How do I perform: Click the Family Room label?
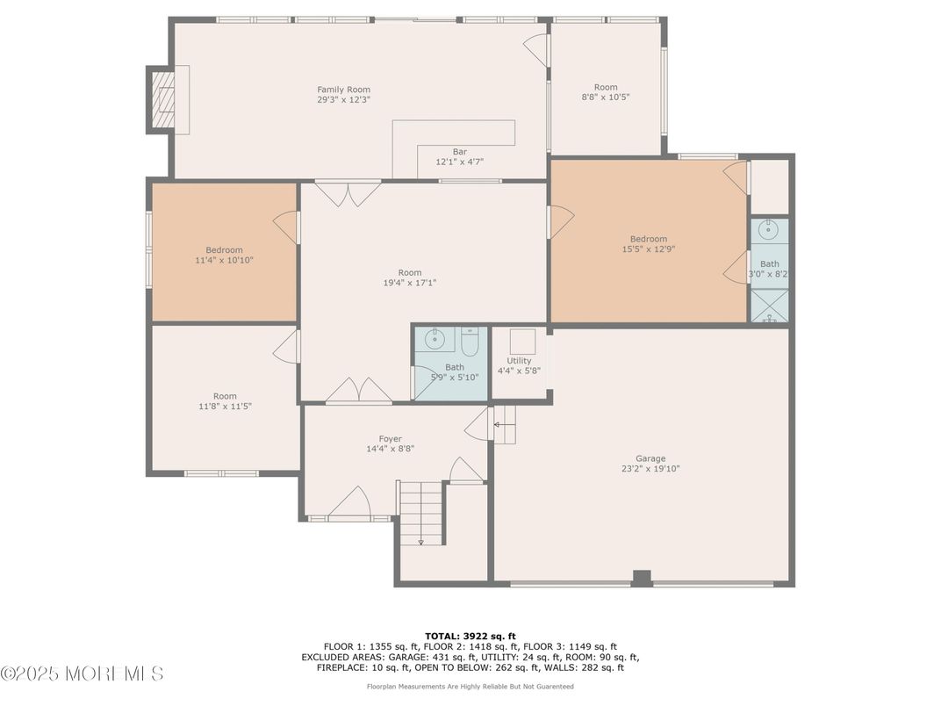point(343,90)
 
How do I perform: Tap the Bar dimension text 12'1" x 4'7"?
point(460,162)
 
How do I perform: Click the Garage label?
point(650,458)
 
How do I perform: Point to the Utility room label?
point(519,361)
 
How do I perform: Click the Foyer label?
point(390,439)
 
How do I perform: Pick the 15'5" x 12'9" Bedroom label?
point(648,239)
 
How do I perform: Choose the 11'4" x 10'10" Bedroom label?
point(224,250)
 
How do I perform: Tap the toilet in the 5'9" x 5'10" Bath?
point(469,342)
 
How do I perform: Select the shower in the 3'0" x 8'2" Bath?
point(769,305)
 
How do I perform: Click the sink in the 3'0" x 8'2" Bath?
point(769,231)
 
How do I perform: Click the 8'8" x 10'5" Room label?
point(606,87)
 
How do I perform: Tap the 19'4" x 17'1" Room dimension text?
point(410,283)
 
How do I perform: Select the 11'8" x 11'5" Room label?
point(225,397)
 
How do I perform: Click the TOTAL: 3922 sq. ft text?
point(470,636)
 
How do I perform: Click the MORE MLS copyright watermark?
point(82,674)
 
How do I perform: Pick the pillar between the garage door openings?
point(642,578)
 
